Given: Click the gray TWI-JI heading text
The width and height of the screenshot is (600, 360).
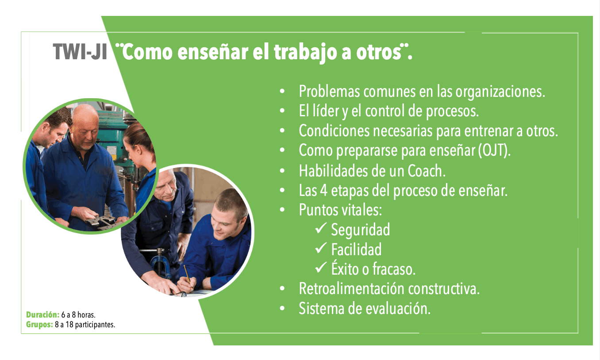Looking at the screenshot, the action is (x=80, y=52).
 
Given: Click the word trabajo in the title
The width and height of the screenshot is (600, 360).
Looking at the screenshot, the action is (x=305, y=53).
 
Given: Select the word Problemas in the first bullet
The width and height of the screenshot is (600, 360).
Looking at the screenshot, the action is (x=329, y=91).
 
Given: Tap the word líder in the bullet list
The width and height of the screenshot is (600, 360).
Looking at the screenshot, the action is (x=326, y=111).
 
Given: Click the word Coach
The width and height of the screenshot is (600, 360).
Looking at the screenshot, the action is (x=427, y=171).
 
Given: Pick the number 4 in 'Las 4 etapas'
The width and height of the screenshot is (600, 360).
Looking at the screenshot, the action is (x=324, y=191).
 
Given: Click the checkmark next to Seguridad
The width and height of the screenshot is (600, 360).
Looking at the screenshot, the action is (x=321, y=228).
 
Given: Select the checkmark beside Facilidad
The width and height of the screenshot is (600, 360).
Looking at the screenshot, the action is (x=321, y=248).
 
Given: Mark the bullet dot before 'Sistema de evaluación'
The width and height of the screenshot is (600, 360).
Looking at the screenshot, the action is (x=282, y=308).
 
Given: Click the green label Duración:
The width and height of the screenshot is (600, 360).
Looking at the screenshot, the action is (x=42, y=315).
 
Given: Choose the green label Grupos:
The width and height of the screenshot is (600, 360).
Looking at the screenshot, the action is (x=39, y=325).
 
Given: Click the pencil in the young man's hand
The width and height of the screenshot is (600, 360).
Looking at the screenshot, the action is (x=187, y=274).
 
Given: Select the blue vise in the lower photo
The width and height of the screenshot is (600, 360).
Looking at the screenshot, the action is (x=160, y=264).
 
